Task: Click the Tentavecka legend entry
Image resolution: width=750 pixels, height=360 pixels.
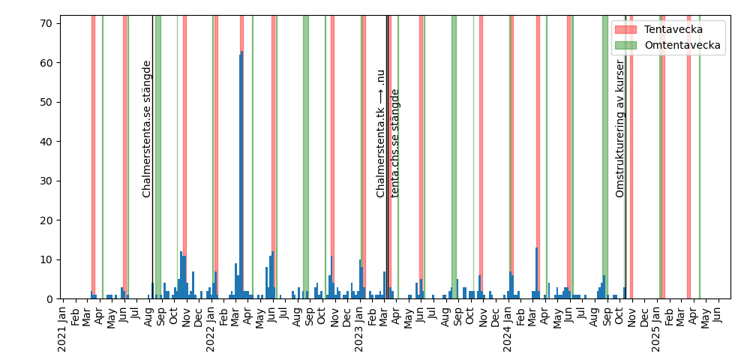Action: pyautogui.click(x=679, y=29)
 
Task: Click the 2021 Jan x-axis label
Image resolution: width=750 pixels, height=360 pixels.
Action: pyautogui.click(x=63, y=329)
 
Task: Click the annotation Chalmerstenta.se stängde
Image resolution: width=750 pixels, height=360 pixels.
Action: pyautogui.click(x=147, y=129)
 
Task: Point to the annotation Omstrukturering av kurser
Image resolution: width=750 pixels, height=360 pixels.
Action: pyautogui.click(x=620, y=129)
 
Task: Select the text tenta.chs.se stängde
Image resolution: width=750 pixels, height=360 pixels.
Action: pyautogui.click(x=395, y=142)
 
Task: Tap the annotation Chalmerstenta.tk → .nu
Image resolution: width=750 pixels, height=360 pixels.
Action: pyautogui.click(x=381, y=133)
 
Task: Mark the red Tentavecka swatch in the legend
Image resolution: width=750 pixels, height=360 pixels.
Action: pyautogui.click(x=625, y=29)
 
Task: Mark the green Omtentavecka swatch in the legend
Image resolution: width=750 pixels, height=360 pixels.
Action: pyautogui.click(x=625, y=45)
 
